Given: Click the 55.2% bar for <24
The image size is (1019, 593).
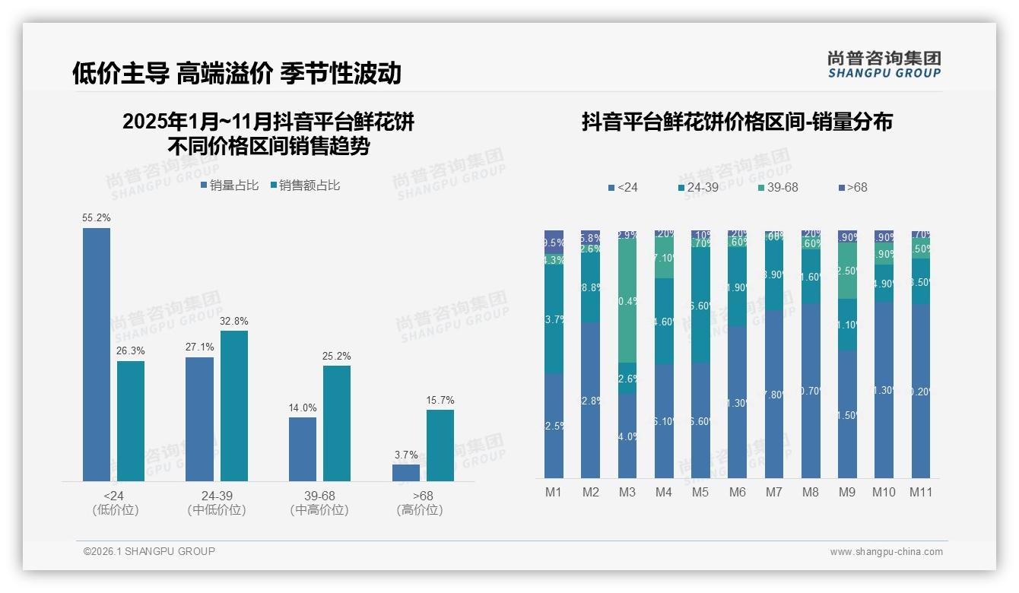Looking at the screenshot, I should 97,354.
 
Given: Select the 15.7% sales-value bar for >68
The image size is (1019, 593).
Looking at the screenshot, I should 440,446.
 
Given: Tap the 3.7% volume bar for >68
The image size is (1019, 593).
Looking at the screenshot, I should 405,473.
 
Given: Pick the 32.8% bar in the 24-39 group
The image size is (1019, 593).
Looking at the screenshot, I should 233,406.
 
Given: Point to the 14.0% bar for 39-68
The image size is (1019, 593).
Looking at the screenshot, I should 302,449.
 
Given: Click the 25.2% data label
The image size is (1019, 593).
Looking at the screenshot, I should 336,357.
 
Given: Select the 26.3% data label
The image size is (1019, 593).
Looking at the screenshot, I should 130,351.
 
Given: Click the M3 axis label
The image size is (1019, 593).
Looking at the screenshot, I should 627,492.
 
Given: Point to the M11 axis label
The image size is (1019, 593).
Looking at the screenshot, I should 922,492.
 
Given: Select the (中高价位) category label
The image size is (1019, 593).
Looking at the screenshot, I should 319,510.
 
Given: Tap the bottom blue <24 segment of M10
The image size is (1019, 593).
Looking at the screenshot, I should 884,390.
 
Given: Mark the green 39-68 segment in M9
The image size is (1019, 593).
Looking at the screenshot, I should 847,271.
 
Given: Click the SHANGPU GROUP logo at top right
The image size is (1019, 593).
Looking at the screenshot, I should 884,64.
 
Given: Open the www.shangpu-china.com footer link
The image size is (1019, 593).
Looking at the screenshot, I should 886,552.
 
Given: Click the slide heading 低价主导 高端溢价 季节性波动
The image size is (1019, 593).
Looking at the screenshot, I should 236,73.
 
